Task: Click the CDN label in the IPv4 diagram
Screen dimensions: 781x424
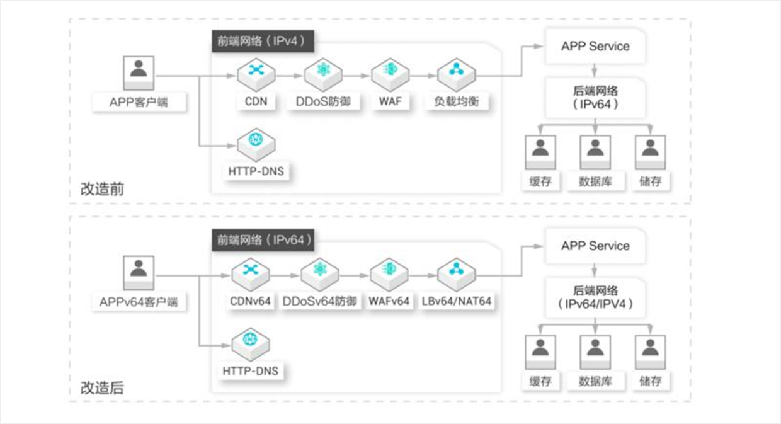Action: coord(256,101)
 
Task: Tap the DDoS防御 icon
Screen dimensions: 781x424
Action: coord(323,74)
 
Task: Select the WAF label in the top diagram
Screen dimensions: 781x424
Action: coord(390,101)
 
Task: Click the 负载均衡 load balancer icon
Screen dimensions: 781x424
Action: coord(457,74)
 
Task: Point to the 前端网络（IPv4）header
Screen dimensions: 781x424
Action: coord(263,41)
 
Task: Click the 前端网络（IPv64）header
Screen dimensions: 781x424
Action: coord(263,240)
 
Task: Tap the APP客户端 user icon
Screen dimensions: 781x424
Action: coord(139,73)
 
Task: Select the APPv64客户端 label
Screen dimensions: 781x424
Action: coord(139,302)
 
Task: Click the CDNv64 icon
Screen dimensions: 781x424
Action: coord(250,275)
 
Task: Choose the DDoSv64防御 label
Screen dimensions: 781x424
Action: coord(319,301)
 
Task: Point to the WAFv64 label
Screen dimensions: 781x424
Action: coord(389,301)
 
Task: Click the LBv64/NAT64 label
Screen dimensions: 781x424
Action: coord(457,301)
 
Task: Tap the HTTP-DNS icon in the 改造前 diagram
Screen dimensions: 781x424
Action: coord(256,144)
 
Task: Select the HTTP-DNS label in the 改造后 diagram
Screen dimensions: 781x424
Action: coord(250,371)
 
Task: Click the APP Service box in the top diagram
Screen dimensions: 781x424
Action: coord(595,46)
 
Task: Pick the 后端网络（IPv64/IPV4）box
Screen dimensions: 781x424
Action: coord(595,297)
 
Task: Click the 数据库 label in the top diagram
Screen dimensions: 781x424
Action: coord(595,181)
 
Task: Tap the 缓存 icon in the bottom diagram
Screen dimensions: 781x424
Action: coord(540,352)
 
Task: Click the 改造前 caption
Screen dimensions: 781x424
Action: coord(102,189)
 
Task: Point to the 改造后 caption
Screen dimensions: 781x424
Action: coord(102,387)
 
